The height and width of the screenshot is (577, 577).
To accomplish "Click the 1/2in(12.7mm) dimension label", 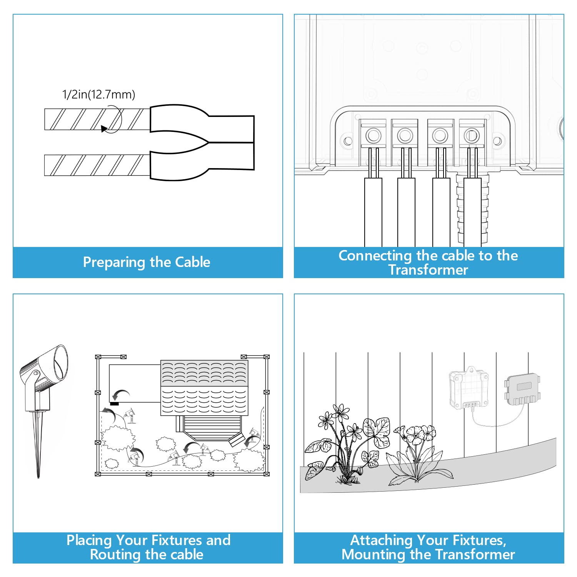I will tap(98, 94).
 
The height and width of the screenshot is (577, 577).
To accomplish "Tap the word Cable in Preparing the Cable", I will tap(192, 262).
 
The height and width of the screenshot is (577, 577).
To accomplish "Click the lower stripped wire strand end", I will tap(96, 165).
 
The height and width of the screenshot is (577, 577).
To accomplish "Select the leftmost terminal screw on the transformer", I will tap(373, 135).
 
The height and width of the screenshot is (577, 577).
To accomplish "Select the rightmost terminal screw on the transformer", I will tap(471, 135).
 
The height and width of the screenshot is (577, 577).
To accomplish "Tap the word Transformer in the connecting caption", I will tap(428, 270).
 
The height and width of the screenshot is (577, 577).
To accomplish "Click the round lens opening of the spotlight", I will tap(61, 362).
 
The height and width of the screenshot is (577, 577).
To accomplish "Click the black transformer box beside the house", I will tap(114, 404).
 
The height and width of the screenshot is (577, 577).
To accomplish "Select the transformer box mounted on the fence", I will tap(469, 389).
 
